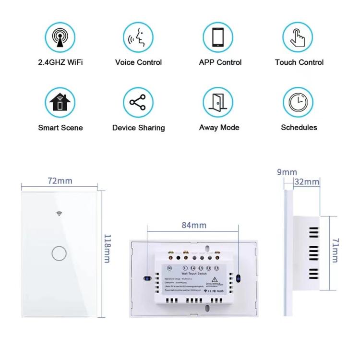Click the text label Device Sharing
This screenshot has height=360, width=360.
(x=138, y=128)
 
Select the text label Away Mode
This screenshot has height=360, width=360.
(x=219, y=128)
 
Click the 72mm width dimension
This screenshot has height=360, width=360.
(x=60, y=181)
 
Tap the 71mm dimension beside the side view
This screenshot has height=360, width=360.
(x=335, y=250)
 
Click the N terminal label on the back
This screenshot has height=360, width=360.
(x=170, y=267)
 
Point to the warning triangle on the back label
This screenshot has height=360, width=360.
(x=215, y=280)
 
